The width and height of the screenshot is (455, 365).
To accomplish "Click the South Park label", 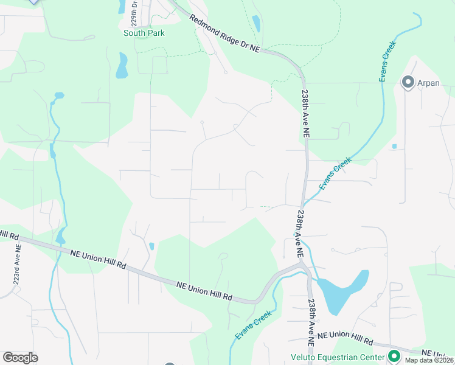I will (144, 33).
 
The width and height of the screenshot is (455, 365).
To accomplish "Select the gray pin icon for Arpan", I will (407, 82).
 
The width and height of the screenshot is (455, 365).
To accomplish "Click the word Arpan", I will (428, 83).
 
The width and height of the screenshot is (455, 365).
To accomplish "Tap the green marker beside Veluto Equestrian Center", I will (394, 356).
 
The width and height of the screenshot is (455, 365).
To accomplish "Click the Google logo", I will (20, 357).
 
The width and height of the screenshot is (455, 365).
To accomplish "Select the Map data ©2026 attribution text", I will (428, 360).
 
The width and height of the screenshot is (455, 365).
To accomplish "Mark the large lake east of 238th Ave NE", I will (344, 287).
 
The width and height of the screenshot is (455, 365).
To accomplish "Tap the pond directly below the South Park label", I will (122, 66).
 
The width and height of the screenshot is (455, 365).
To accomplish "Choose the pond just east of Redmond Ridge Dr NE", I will (256, 24).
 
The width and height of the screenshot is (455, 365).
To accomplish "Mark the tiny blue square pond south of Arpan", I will (394, 147).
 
